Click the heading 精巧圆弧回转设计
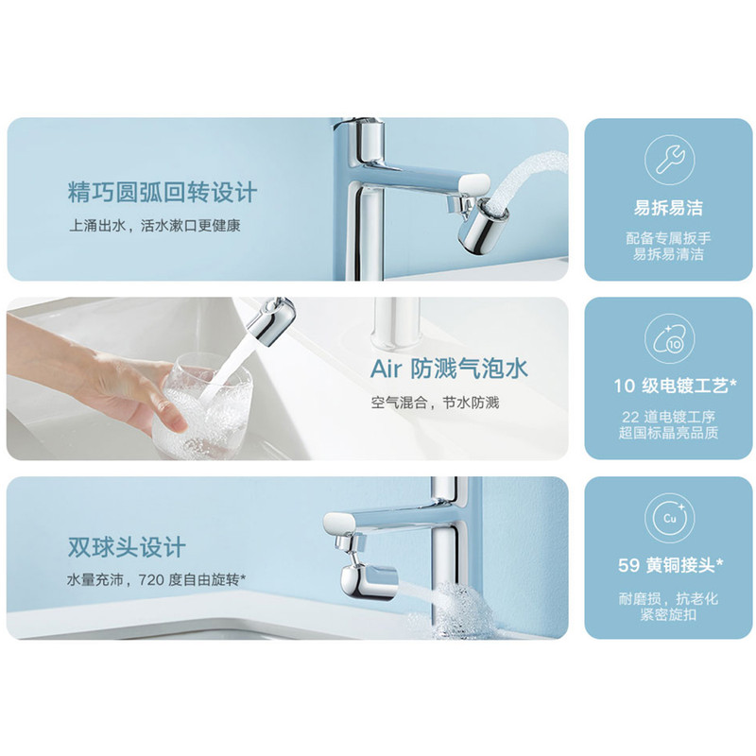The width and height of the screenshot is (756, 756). point(163,193)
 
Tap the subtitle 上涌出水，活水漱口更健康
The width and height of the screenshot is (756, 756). point(155,226)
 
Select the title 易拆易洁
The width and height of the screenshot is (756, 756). point(668,208)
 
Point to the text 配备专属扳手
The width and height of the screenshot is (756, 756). point(668,238)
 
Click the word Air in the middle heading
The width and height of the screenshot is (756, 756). point(386,369)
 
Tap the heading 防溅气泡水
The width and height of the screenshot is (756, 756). point(469,369)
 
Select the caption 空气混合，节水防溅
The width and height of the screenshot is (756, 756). point(435,403)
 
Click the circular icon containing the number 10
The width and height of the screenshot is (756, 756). point(670,339)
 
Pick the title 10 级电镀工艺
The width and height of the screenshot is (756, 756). point(675,386)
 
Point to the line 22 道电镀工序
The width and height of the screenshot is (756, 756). point(668,417)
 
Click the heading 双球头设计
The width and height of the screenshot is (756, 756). point(127,547)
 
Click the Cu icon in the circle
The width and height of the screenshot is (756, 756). point(670,518)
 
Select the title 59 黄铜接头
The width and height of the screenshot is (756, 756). point(671,565)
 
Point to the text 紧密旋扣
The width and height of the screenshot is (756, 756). point(668,614)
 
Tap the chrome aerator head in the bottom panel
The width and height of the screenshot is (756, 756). point(369,582)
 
